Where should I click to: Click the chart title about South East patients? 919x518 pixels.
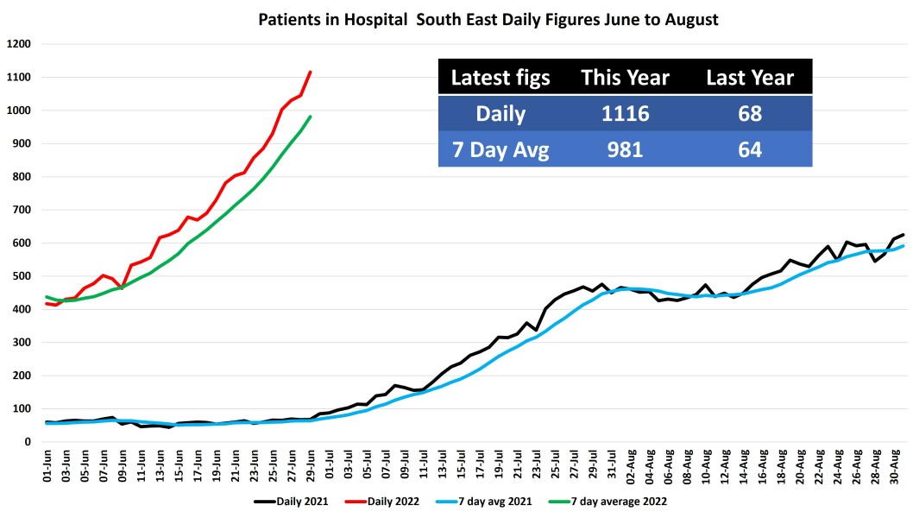pos(488,18)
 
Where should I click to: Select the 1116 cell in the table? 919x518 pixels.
pos(626,114)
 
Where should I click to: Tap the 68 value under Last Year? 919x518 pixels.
pos(750,114)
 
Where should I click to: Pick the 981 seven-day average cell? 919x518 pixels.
pos(626,149)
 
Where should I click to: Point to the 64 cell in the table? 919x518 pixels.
pos(750,149)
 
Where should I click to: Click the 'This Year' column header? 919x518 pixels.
pos(626,78)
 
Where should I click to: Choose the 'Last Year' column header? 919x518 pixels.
pos(750,78)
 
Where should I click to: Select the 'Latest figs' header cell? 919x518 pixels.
pos(500,78)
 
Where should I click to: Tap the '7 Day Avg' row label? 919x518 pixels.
pos(500,149)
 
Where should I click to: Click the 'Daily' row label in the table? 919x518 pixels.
pos(500,114)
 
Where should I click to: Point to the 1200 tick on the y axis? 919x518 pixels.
pos(19,44)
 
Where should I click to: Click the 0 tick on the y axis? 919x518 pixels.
pos(28,442)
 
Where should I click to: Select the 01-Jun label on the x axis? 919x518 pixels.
pos(50,467)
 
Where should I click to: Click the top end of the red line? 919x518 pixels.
pos(311,72)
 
